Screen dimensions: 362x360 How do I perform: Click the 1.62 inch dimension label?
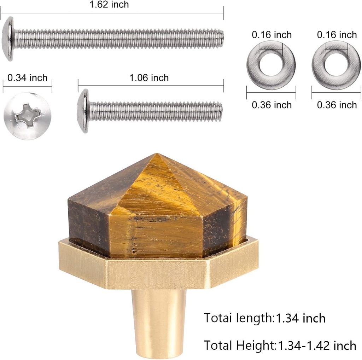pos(109,4)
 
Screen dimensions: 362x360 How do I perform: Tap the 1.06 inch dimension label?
pos(149,77)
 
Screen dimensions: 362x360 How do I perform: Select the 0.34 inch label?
pos(27,77)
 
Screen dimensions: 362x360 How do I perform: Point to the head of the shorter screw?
pos(83,111)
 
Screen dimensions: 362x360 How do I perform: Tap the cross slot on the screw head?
pos(28,115)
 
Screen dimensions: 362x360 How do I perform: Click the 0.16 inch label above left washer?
pos(272,35)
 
